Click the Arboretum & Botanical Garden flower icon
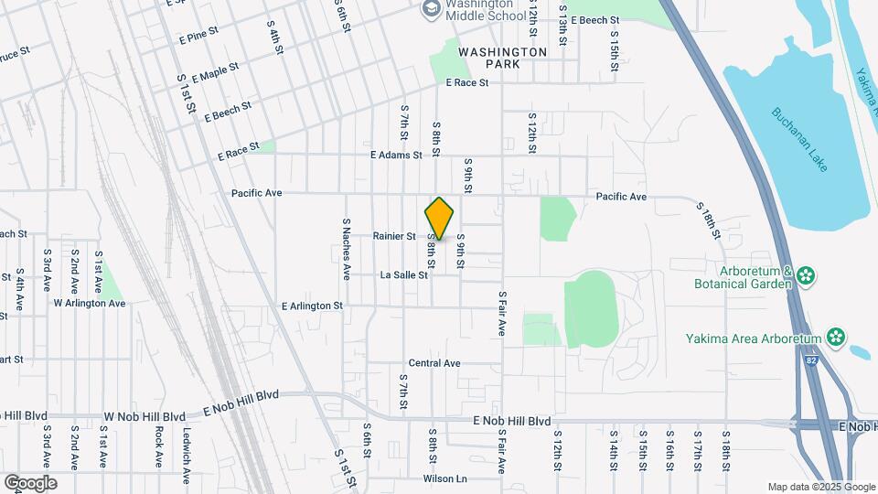tap(806, 276)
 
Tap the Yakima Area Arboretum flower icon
tap(835, 338)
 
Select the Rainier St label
tap(394, 236)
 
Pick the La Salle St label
tap(403, 274)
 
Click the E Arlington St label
tap(312, 306)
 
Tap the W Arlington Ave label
tap(89, 303)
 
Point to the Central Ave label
tap(434, 363)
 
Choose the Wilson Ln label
tap(444, 478)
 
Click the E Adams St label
tap(396, 156)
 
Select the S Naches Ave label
tap(347, 248)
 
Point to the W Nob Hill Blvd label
tap(140, 416)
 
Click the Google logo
tap(30, 482)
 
